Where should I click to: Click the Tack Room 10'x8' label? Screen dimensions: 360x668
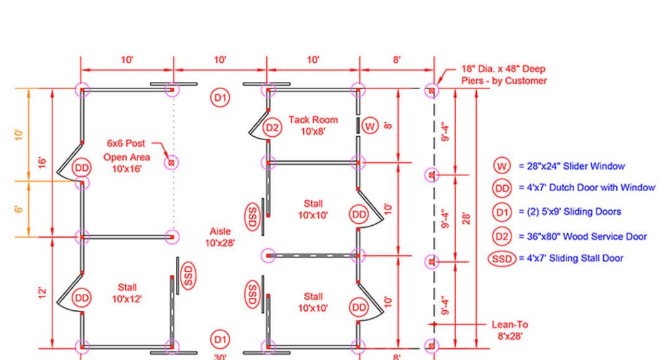coord(313,125)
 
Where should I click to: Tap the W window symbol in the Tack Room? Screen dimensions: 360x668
coord(371,125)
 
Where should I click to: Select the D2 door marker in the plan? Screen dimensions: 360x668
coord(272,128)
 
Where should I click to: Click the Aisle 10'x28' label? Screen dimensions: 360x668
coord(220,237)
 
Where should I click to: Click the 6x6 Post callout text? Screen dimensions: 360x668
coord(126,143)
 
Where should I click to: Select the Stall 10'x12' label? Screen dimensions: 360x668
coord(127,293)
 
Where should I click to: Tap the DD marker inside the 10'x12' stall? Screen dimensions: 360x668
coord(81,298)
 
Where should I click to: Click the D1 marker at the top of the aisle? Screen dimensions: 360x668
coord(220,98)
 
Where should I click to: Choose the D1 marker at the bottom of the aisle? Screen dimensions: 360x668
coord(220,339)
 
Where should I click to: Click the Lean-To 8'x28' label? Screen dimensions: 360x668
coord(510,330)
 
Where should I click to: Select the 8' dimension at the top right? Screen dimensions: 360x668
coord(397,60)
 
